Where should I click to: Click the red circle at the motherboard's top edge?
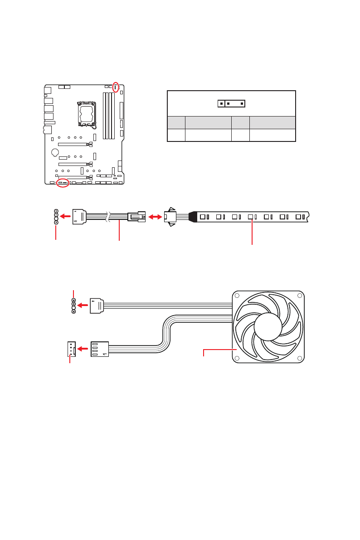[116, 87]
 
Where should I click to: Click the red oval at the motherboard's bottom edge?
[63, 183]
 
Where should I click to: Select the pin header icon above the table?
[231, 103]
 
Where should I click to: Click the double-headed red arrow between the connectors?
[155, 217]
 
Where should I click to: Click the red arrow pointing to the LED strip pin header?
[66, 217]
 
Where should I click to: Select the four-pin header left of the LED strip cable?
[56, 217]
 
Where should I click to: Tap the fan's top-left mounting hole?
[237, 296]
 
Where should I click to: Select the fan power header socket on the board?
[70, 349]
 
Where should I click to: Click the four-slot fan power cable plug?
[100, 349]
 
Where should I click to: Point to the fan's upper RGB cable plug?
[97, 306]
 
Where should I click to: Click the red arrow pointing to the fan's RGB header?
[83, 306]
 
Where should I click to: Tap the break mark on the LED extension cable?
[108, 217]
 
